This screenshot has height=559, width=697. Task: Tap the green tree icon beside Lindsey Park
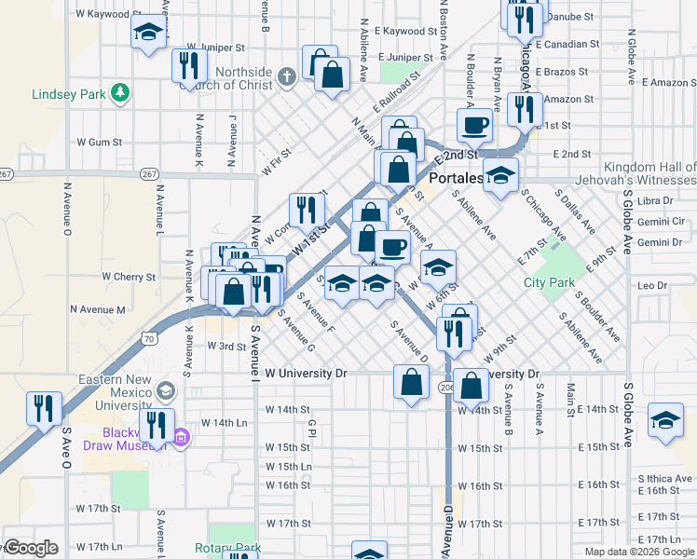[119, 92]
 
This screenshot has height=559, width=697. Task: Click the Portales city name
[457, 177]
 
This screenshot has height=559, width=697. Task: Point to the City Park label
[549, 282]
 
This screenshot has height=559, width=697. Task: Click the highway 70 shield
[150, 340]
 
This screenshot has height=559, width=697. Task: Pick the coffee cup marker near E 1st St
[473, 124]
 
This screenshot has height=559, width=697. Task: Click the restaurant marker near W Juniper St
[189, 66]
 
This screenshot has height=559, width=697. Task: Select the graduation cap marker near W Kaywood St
[147, 34]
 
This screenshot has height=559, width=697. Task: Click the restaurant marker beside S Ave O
[44, 409]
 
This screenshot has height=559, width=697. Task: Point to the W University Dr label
[305, 373]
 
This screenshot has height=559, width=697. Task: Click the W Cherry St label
[129, 277]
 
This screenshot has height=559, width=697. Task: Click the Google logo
[31, 548]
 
